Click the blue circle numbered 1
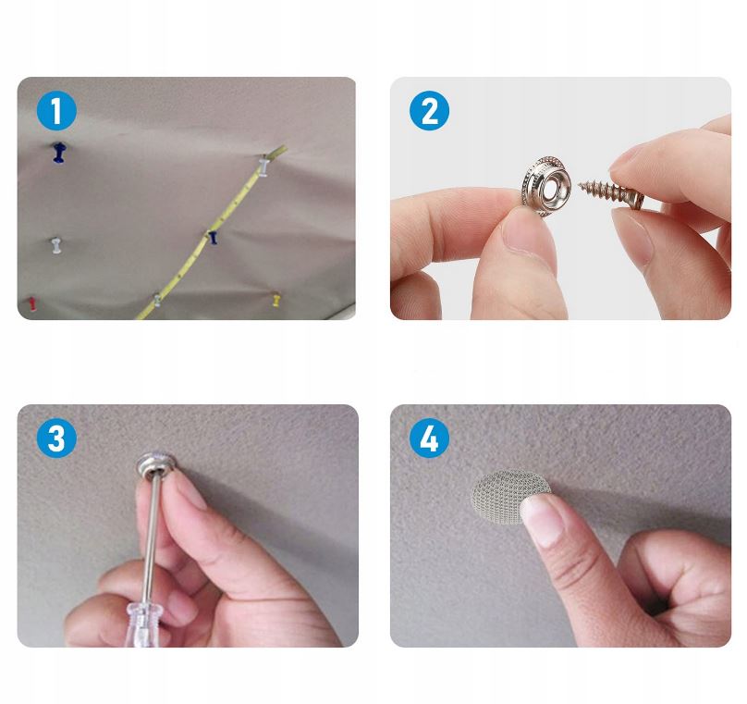click(56, 111)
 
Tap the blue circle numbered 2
click(429, 111)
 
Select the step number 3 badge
click(56, 438)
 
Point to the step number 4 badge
click(429, 438)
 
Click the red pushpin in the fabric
click(32, 303)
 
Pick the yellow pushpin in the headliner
click(276, 300)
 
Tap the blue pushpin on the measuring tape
click(213, 237)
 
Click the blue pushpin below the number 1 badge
click(58, 152)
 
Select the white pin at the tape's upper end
click(263, 166)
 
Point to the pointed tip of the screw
click(581, 184)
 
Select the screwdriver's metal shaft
click(151, 534)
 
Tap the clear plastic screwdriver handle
click(144, 622)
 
